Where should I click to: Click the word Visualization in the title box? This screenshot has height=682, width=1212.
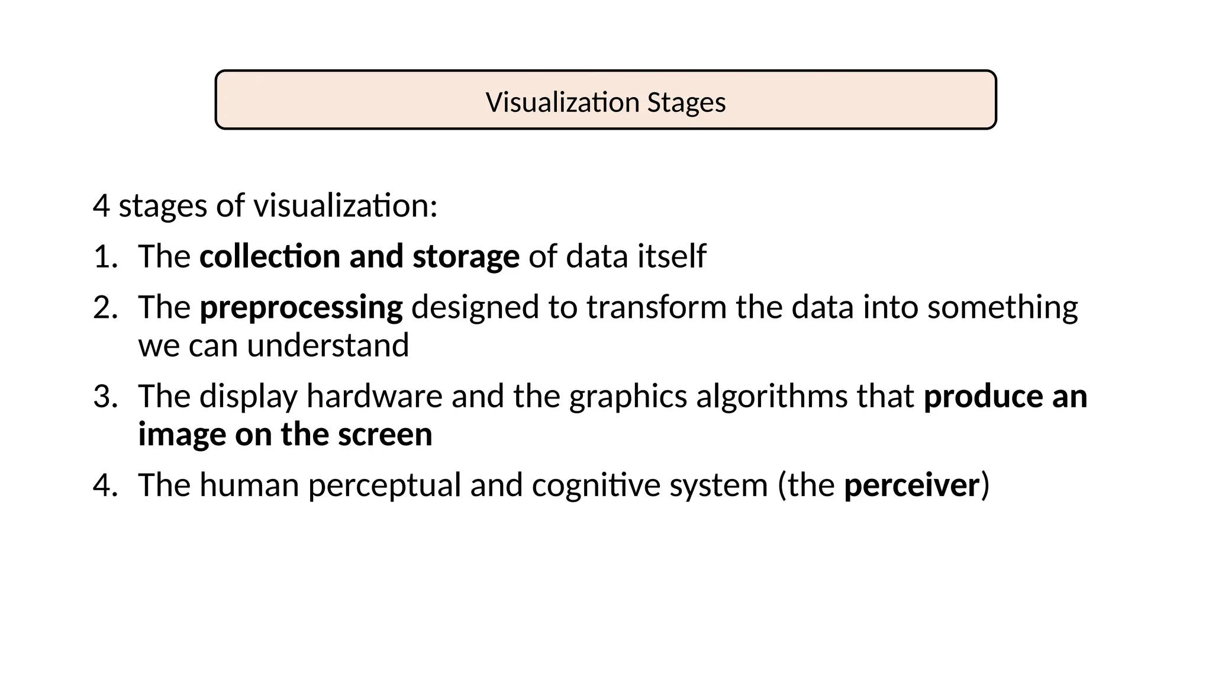click(562, 102)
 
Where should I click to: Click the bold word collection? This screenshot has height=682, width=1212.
click(269, 257)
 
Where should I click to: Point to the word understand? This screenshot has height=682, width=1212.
click(328, 346)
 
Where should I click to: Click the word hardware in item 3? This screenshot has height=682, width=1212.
click(374, 397)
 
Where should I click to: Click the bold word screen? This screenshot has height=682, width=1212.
click(385, 435)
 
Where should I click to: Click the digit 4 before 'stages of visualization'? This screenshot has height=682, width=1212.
click(101, 206)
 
